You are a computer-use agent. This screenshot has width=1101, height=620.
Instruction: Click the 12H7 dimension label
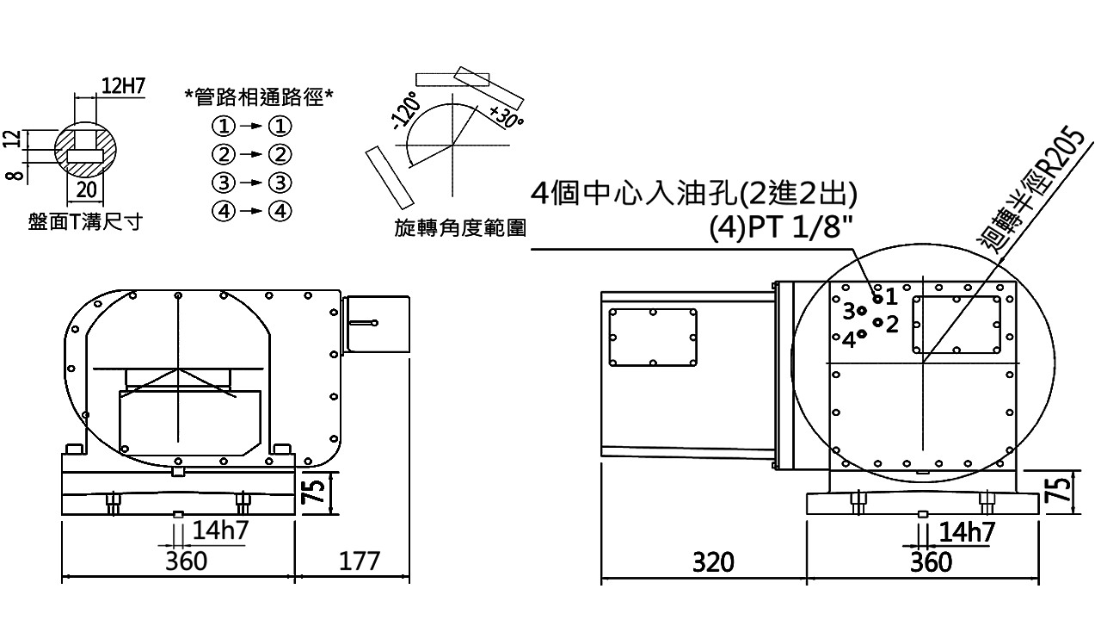122,85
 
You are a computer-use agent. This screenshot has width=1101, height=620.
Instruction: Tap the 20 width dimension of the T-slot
86,189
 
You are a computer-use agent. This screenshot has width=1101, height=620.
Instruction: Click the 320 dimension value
713,562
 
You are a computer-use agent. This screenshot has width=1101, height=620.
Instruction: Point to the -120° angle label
403,109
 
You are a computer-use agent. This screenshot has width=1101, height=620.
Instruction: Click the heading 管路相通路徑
260,96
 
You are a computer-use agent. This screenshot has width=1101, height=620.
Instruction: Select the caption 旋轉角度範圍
460,228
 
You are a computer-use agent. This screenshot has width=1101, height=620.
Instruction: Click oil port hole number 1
877,298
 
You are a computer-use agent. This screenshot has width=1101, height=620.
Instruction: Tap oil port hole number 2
876,322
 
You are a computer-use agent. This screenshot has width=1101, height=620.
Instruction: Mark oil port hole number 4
862,333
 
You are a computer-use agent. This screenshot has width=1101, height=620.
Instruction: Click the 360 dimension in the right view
931,562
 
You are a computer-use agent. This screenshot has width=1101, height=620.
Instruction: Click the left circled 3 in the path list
223,183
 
